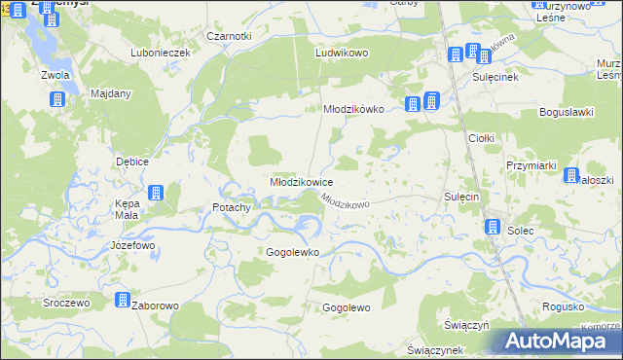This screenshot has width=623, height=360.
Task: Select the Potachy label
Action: coord(232,207)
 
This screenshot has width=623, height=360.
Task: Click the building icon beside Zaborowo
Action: coord(124,302)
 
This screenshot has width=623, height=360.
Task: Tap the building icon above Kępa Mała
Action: coord(156,193)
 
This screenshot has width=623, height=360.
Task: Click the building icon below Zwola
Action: coord(56,99)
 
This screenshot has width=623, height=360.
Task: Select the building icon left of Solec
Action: coord(492,227)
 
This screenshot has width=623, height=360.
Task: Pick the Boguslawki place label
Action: coord(566,113)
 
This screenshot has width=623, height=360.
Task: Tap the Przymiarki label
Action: coord(531,166)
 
